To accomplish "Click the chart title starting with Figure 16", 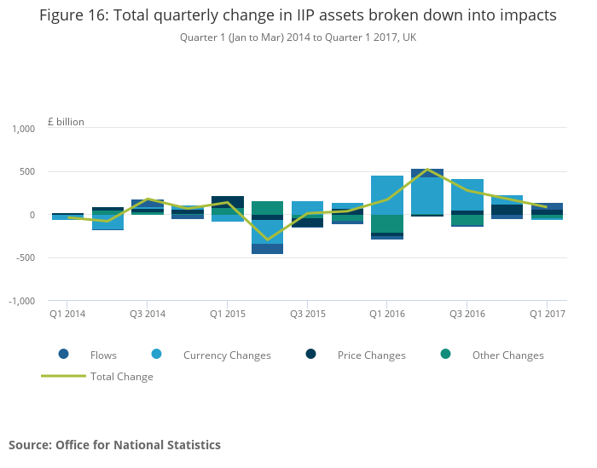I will [298, 15].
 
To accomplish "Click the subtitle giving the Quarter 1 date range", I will [298, 38].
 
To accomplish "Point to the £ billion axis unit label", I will [66, 122].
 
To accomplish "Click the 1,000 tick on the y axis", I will [22, 129].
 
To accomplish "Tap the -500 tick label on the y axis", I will [25, 258].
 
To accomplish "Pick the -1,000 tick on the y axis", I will [20, 301].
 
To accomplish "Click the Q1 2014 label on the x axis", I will [67, 315].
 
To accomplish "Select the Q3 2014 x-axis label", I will [148, 315].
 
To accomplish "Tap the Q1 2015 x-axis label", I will [228, 315].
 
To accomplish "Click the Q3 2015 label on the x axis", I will [308, 315].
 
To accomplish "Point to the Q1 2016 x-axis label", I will [387, 315].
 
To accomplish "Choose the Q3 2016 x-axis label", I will [467, 315].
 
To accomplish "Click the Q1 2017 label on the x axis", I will [547, 315].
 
